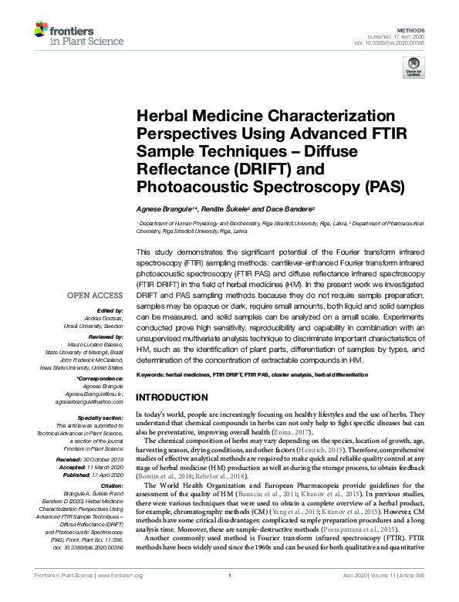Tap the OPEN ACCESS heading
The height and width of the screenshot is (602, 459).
point(94,296)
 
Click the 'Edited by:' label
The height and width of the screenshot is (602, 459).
point(106,311)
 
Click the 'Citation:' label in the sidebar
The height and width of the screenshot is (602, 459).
point(108,486)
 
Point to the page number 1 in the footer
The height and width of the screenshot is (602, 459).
point(230,596)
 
